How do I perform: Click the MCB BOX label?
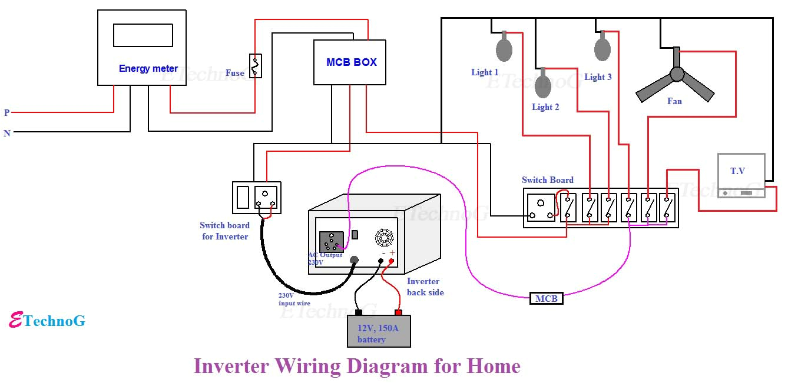pyautogui.click(x=352, y=62)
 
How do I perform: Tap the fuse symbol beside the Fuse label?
pyautogui.click(x=256, y=66)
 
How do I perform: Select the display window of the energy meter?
pyautogui.click(x=143, y=35)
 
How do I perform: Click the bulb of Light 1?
pyautogui.click(x=504, y=49)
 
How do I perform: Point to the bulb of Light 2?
pyautogui.click(x=542, y=86)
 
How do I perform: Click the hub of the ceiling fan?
pyautogui.click(x=677, y=74)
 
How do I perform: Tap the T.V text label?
pyautogui.click(x=737, y=171)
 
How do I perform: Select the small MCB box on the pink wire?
pyautogui.click(x=546, y=298)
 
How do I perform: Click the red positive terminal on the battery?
pyautogui.click(x=398, y=312)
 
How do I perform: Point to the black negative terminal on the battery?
pyautogui.click(x=358, y=312)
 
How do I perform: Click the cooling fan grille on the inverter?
pyautogui.click(x=384, y=238)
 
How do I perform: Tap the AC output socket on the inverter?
pyautogui.click(x=331, y=241)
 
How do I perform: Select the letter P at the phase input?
pyautogui.click(x=7, y=112)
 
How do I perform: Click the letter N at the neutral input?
pyautogui.click(x=7, y=134)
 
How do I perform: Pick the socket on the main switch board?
pyautogui.click(x=541, y=208)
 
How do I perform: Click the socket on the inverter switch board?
pyautogui.click(x=266, y=197)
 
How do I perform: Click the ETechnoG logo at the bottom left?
pyautogui.click(x=47, y=321)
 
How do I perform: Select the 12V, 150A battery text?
pyautogui.click(x=378, y=333)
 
